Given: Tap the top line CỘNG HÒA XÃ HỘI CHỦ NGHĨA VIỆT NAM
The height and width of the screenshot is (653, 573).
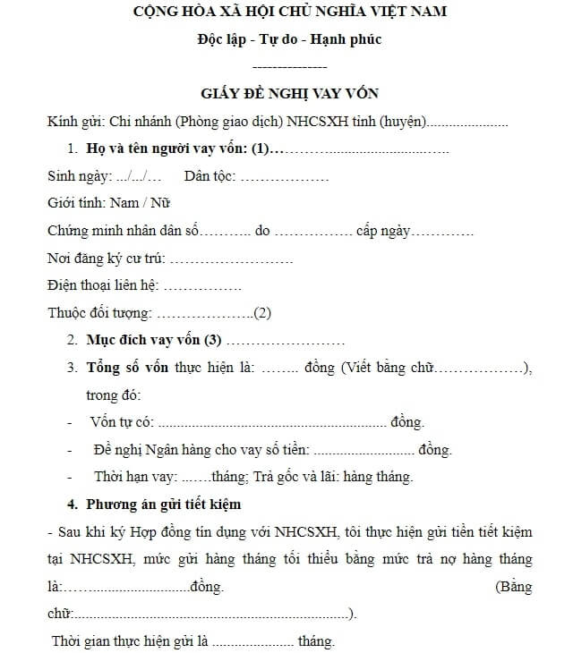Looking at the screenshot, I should click(x=290, y=13).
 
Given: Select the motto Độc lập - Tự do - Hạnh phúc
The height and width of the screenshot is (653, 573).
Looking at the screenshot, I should click(x=290, y=40).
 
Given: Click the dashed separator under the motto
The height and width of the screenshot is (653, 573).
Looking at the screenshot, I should click(x=290, y=67).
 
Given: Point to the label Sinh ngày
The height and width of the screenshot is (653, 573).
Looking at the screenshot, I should click(x=79, y=176).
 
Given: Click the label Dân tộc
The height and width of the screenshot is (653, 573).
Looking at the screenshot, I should click(x=210, y=176).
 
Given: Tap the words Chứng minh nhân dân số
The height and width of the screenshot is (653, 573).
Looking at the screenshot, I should click(x=123, y=231).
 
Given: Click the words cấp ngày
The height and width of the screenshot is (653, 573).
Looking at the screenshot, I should click(x=383, y=231).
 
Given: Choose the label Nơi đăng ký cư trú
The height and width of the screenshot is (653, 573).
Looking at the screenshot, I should click(x=106, y=259).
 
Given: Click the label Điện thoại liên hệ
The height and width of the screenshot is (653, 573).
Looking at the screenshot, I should click(x=102, y=286).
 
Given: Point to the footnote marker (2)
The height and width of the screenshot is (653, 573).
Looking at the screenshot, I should click(x=262, y=313).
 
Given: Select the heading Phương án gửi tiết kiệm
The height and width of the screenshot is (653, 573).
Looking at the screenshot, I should click(x=163, y=505).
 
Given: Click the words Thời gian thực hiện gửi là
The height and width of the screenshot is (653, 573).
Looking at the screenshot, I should click(x=129, y=641).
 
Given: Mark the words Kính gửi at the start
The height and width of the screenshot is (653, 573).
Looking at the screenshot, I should click(x=74, y=122).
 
